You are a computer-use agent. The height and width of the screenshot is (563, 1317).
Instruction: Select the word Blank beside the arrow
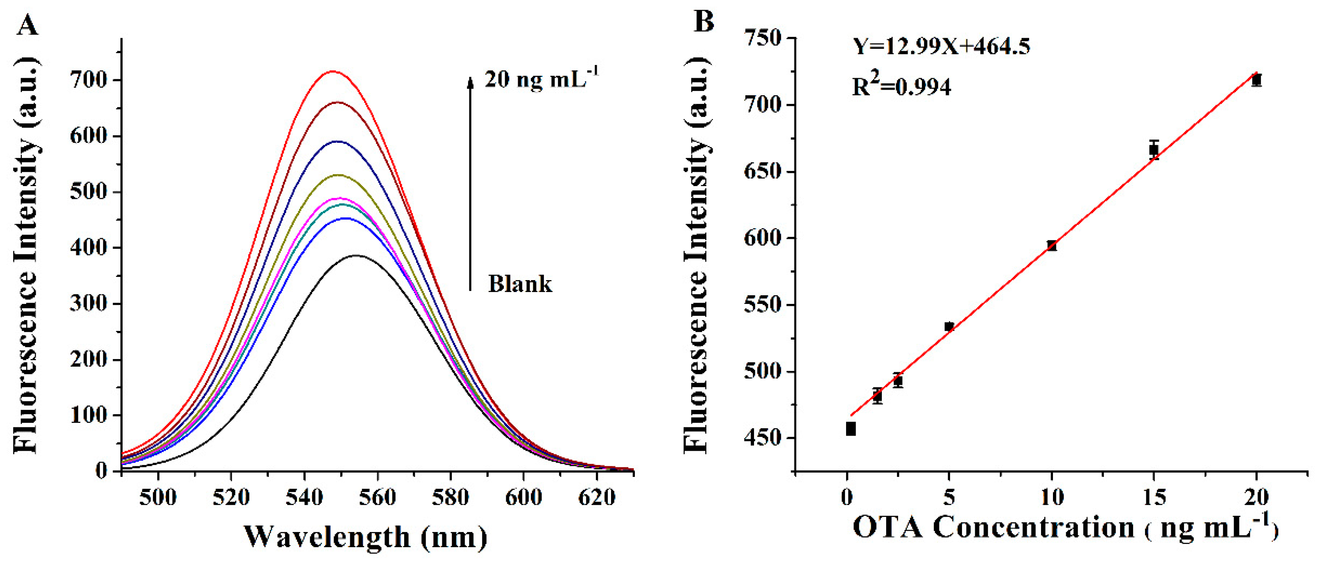coord(520,284)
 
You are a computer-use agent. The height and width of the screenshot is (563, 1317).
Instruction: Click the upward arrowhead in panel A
coord(470,82)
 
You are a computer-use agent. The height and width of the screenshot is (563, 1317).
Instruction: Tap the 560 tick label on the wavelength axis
coord(377,497)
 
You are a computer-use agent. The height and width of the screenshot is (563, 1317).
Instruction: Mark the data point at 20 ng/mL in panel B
coord(1256,80)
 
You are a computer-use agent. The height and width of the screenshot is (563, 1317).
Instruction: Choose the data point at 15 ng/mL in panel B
coord(1153,150)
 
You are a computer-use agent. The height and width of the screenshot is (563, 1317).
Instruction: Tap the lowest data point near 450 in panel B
coord(851,429)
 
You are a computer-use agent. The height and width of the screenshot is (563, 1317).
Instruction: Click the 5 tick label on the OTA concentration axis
coord(949,497)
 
